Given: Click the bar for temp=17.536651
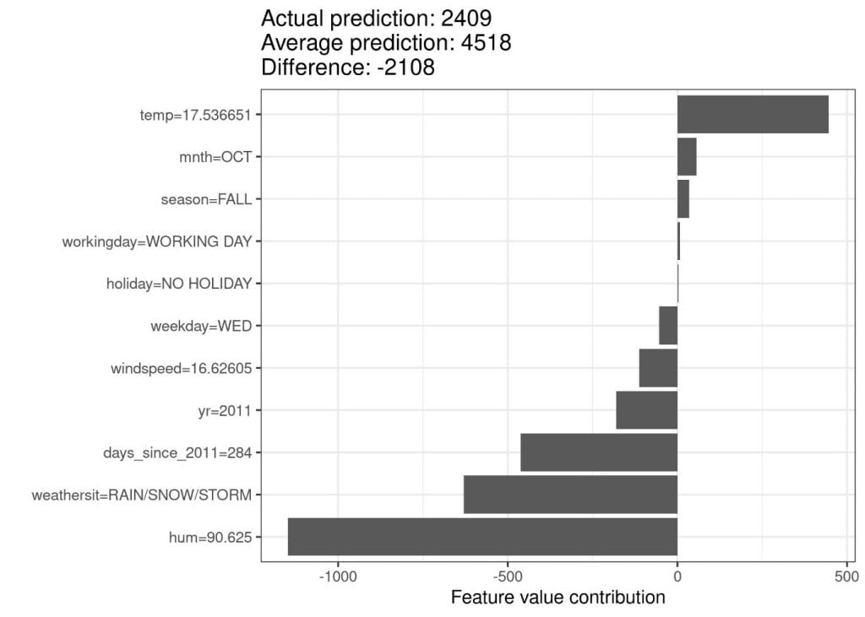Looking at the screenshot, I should point(753,115).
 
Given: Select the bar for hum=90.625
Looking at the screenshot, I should point(482,537).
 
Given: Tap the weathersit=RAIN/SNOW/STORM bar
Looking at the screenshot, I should point(570,495).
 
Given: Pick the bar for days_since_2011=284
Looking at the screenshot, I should point(599,452).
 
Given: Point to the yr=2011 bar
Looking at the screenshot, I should point(646,410).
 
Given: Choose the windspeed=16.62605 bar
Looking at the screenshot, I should point(658,368).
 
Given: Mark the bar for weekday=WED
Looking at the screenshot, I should point(668,326).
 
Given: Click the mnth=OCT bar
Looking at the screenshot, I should point(687,157).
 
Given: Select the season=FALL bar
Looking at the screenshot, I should point(683,199).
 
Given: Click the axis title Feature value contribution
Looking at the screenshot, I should point(558,598).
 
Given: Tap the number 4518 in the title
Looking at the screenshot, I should point(484,42).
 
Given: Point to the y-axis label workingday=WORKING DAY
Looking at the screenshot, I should point(157,241).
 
